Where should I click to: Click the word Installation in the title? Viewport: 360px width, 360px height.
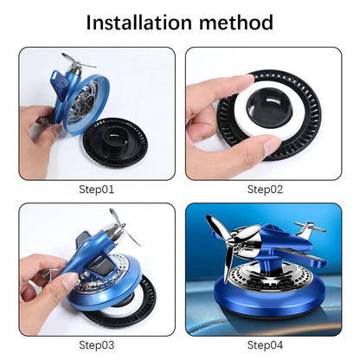pyautogui.click(x=138, y=22)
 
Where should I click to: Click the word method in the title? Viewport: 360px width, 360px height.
pyautogui.click(x=236, y=22)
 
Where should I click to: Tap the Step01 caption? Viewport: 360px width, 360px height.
pyautogui.click(x=96, y=190)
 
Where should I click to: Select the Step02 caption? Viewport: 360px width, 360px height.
pyautogui.click(x=265, y=190)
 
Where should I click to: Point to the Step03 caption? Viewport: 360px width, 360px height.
pyautogui.click(x=96, y=345)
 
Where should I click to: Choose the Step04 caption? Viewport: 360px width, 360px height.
pyautogui.click(x=265, y=345)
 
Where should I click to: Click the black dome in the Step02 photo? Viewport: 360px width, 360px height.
pyautogui.click(x=269, y=109)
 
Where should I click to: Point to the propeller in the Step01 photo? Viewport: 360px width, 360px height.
pyautogui.click(x=77, y=63)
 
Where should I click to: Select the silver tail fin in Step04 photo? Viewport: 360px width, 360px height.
pyautogui.click(x=309, y=228)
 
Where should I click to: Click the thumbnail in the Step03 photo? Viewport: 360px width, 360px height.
pyautogui.click(x=69, y=280)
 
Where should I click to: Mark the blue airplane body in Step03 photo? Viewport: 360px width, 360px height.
pyautogui.click(x=87, y=254)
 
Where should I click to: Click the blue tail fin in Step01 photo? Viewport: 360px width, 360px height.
pyautogui.click(x=61, y=79)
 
